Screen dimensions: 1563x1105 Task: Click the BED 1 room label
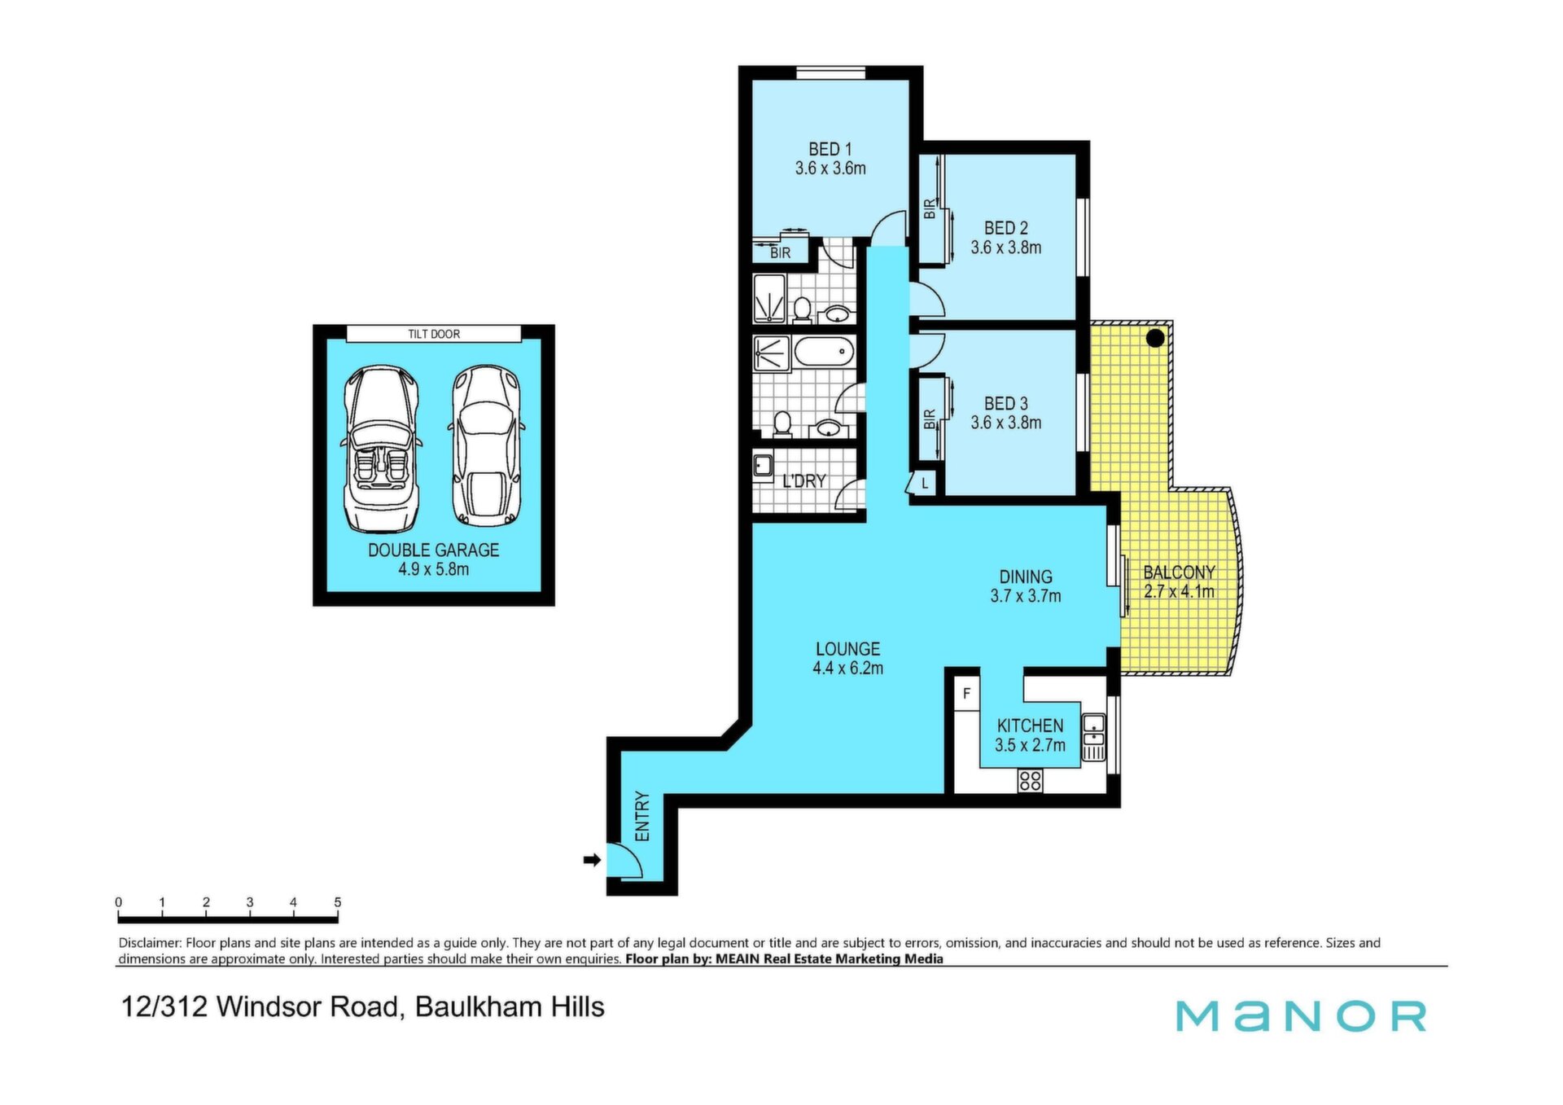pos(830,150)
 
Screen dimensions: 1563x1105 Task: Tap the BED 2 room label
pos(1005,229)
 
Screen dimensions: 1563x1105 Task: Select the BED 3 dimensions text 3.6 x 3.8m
pos(1005,423)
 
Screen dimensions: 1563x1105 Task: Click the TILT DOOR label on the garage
pos(434,334)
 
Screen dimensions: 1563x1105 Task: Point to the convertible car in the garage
pos(382,449)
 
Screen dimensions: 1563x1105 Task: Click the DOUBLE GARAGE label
pos(433,550)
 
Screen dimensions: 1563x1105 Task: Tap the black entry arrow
pos(592,859)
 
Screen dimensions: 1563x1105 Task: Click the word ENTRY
pos(642,817)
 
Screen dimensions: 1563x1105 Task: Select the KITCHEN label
pos(1030,726)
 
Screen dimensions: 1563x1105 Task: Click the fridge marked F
pos(966,694)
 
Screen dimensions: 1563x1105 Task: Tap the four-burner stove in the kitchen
pos(1030,781)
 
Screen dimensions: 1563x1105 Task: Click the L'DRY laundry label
pos(803,481)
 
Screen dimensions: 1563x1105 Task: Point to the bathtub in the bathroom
pos(824,353)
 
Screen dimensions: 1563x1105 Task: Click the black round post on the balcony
pos(1155,337)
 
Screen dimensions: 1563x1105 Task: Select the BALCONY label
pos(1179,572)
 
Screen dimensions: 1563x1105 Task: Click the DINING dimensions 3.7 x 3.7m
pos(1025,596)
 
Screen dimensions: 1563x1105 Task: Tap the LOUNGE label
pos(847,649)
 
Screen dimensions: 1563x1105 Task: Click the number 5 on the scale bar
pos(337,902)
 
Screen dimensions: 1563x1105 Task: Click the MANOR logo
pos(1301,1015)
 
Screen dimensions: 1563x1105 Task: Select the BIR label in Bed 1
pos(780,253)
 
